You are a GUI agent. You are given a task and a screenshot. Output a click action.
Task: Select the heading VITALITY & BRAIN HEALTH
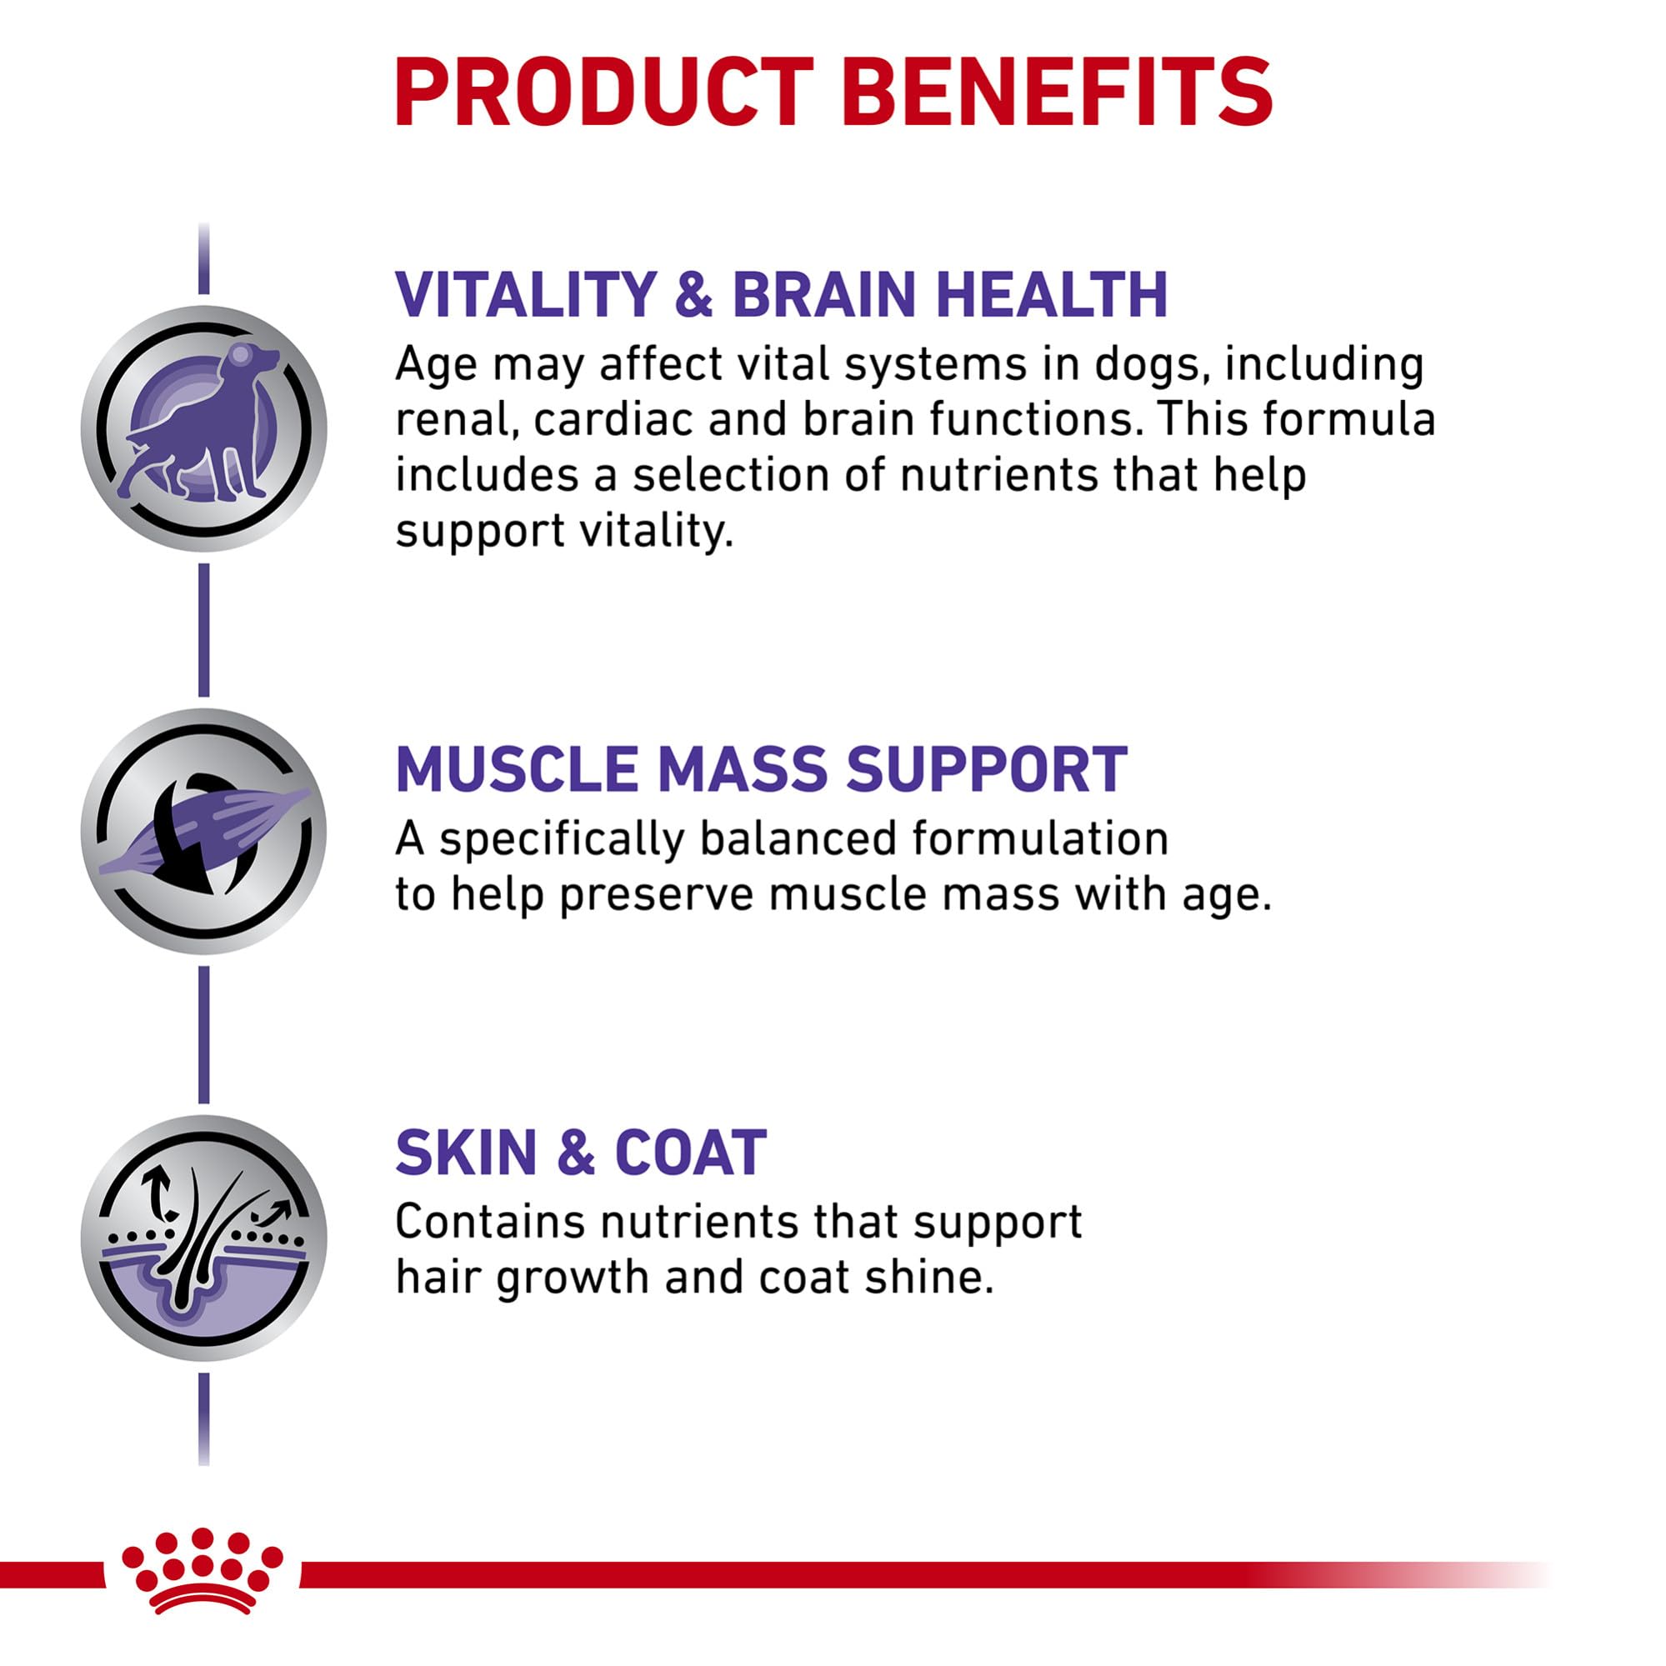[781, 295]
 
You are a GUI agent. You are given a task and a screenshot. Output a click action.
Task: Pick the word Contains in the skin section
[490, 1221]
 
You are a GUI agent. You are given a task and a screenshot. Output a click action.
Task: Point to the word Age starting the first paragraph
[437, 366]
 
